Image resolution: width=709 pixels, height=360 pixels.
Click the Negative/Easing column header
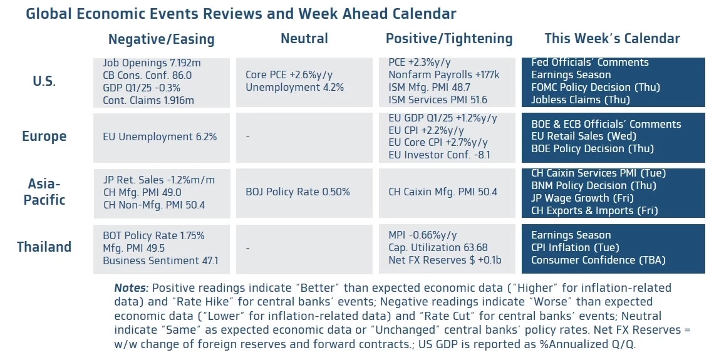tap(161, 39)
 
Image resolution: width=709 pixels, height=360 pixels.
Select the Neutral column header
tap(304, 39)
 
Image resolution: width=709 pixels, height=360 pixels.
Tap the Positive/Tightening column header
tap(449, 39)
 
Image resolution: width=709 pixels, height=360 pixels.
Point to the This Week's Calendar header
tap(612, 39)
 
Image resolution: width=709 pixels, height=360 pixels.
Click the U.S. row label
tap(44, 81)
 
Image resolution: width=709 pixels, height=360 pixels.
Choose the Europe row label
tap(44, 136)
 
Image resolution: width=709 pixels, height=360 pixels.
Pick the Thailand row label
tap(44, 247)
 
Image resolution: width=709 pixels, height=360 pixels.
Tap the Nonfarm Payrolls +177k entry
tap(443, 75)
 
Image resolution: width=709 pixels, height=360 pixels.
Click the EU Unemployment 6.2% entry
tap(160, 136)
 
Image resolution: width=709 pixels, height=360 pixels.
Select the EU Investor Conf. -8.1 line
tap(438, 155)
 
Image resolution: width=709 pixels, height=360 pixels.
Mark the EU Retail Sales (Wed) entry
tap(583, 136)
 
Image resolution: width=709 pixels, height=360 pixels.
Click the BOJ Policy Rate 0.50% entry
tap(298, 192)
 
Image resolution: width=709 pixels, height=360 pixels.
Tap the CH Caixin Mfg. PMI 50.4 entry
tap(442, 192)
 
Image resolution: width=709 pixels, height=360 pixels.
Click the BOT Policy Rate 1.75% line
tap(153, 235)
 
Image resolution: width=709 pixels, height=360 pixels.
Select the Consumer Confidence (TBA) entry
tap(598, 260)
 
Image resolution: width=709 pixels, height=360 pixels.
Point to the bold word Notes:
tap(131, 288)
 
